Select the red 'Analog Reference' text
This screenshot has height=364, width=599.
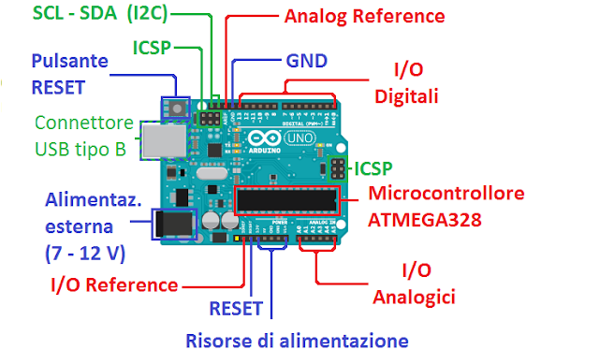pos(350,16)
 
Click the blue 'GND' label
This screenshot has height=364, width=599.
pos(305,62)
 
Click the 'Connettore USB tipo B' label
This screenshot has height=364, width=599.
pos(80,136)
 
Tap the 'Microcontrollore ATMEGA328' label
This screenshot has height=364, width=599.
pos(446,207)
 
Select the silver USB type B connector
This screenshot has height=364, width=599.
pos(160,142)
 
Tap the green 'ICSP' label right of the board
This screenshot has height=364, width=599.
pos(373,168)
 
